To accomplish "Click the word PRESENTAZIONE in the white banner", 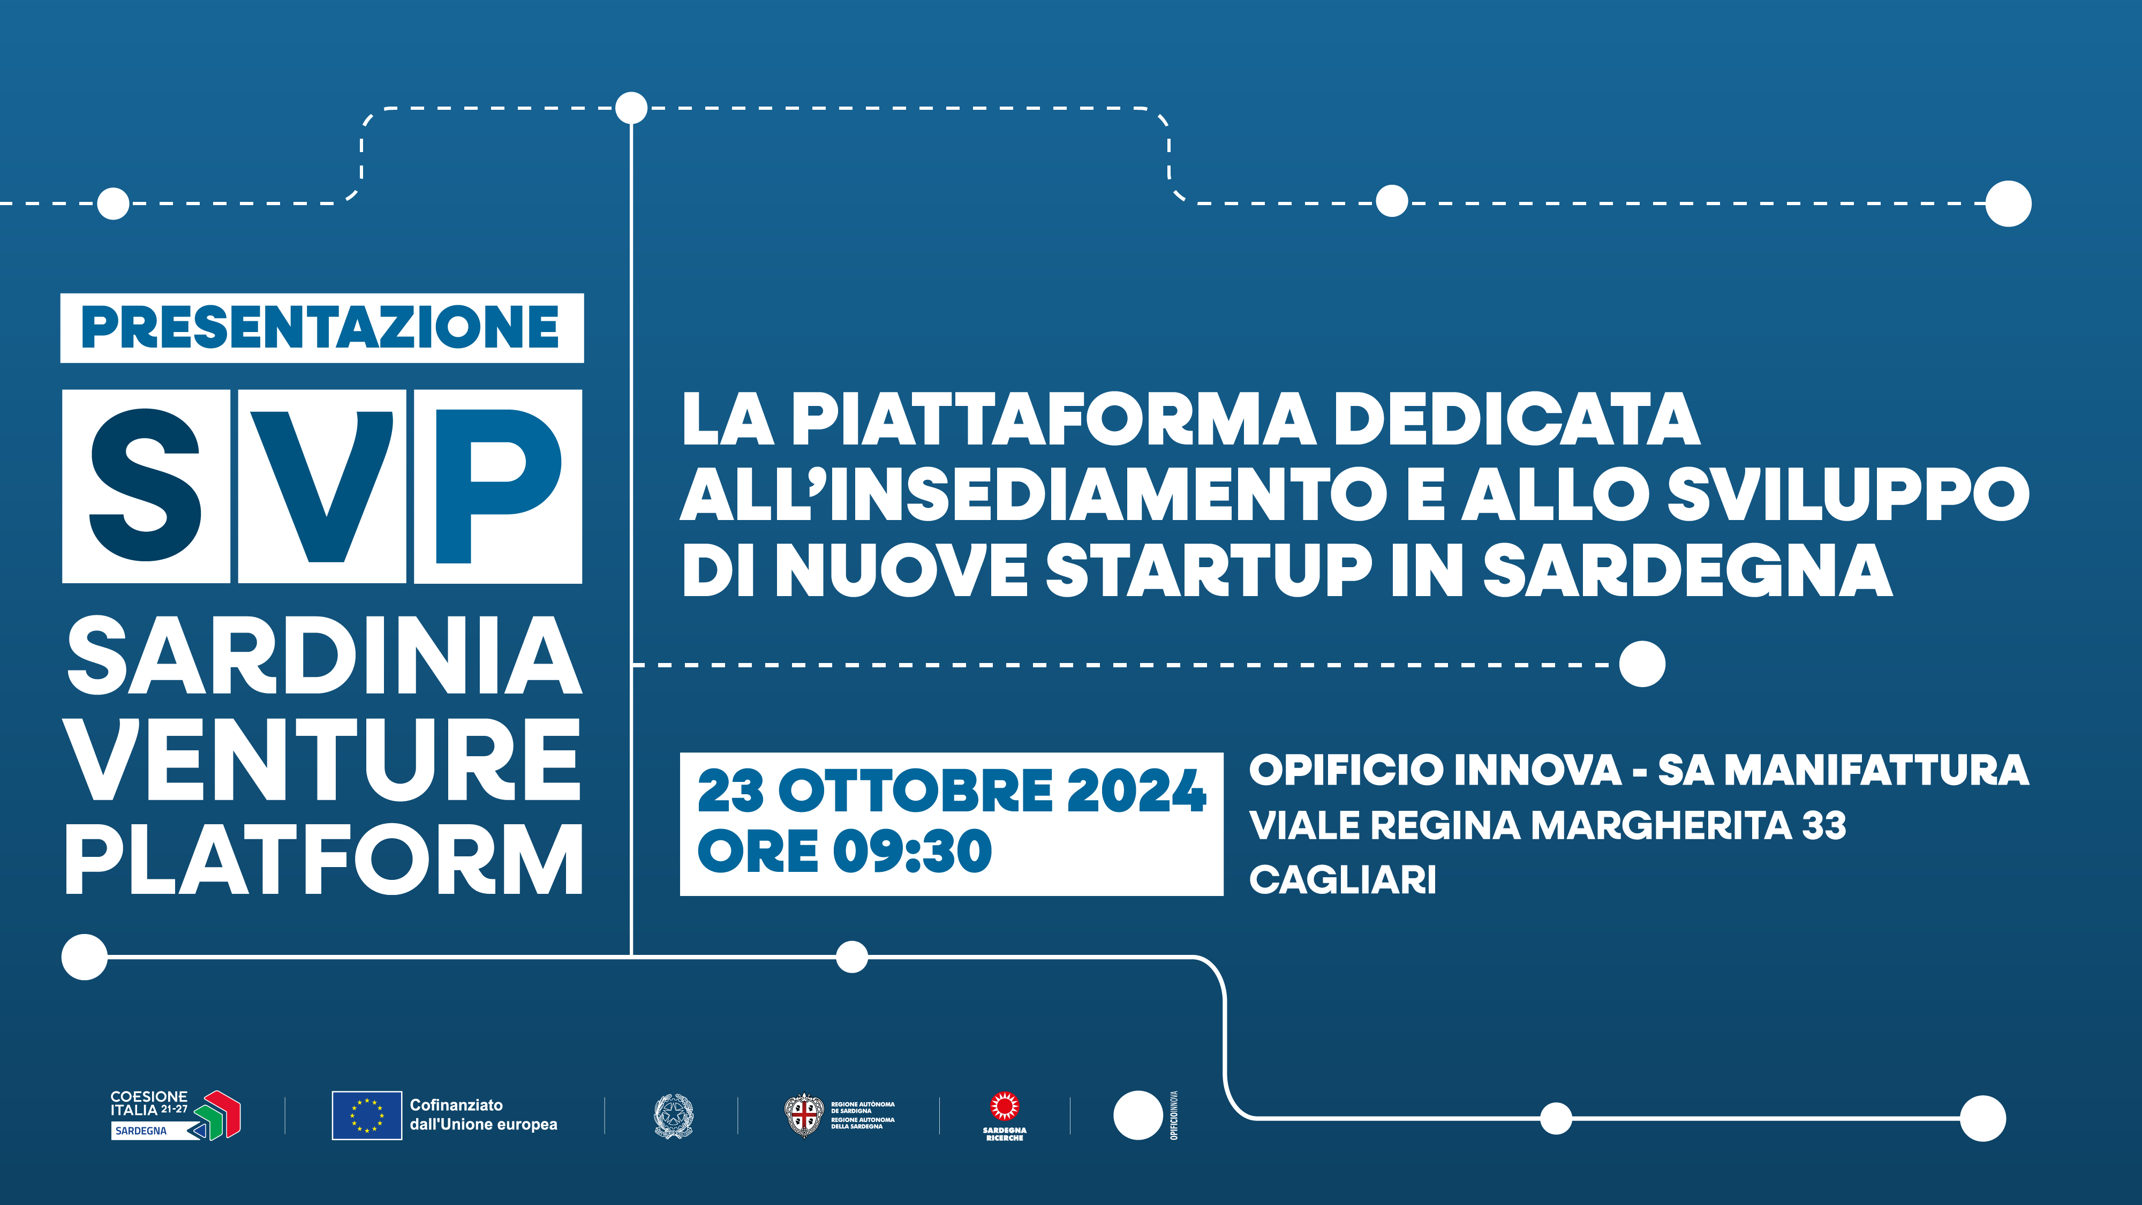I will coord(321,328).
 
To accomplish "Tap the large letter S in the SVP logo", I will coord(146,486).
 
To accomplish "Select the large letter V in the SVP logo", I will coord(322,486).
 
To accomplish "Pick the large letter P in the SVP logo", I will coord(497,486).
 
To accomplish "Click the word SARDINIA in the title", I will coord(325,657).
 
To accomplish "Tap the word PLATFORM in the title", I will coord(325,861).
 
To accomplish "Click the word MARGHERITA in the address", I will coord(1661,826).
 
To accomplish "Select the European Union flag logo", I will coord(367,1115).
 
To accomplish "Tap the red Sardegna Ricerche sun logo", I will coord(1005,1108).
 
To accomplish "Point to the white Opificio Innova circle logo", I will coord(1137,1115).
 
